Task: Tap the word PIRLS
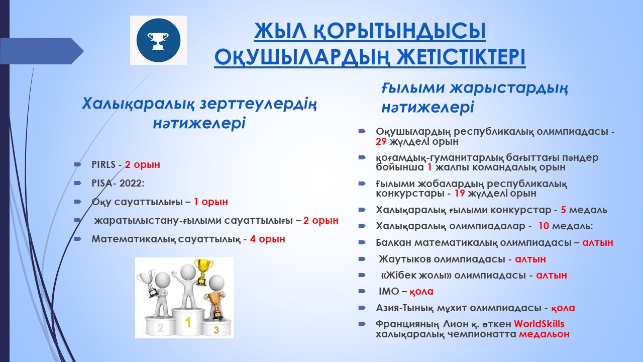click(x=103, y=164)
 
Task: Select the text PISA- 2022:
click(x=118, y=184)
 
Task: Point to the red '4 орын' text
click(x=268, y=239)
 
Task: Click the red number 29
click(x=381, y=141)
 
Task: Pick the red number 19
click(x=459, y=193)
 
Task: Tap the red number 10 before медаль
click(x=544, y=226)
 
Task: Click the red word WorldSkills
click(x=539, y=324)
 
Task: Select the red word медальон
click(x=544, y=334)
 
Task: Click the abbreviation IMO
click(x=389, y=291)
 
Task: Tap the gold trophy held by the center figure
click(x=203, y=272)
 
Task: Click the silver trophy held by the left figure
click(x=148, y=284)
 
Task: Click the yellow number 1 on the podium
click(x=188, y=322)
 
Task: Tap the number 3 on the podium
click(x=216, y=330)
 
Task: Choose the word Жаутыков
click(x=404, y=259)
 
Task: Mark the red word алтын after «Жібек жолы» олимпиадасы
click(x=552, y=275)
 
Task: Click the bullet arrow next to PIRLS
click(x=77, y=164)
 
